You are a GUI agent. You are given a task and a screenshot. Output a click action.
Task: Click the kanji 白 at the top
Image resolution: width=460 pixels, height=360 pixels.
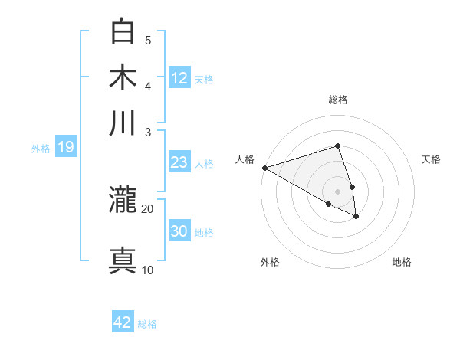pos(123,33)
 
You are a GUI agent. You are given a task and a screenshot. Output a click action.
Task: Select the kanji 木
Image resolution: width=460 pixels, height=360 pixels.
pos(123,78)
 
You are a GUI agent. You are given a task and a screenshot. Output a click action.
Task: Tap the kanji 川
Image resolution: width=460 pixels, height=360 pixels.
pos(123,123)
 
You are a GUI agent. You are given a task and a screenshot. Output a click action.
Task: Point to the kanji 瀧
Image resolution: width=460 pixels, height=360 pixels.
pos(123,201)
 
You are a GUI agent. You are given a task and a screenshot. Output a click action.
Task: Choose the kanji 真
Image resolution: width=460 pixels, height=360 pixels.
pos(123,259)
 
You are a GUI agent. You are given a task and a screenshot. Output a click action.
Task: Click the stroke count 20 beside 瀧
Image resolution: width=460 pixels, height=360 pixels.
pos(148,208)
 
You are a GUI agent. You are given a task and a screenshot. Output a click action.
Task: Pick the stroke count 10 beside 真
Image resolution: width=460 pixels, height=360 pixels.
pos(148,270)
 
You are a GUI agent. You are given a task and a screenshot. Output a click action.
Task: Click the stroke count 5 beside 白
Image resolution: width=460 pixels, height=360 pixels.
pos(148,40)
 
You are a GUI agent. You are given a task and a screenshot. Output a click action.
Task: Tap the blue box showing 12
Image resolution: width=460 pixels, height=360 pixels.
pos(179,77)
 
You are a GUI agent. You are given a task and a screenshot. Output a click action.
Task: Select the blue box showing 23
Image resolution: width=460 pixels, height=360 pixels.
pos(179,162)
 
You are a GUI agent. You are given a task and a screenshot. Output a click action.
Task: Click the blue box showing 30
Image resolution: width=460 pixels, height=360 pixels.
pos(179,231)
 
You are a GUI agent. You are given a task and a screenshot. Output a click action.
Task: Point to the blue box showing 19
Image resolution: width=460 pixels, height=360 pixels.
pos(65,148)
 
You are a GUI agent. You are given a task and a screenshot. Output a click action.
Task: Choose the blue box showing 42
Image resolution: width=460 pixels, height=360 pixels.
pos(123,322)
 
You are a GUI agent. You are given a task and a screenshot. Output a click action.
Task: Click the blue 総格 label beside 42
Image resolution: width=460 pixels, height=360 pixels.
pos(147,324)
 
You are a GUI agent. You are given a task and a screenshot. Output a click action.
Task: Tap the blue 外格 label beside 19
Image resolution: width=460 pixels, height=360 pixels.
pos(41,149)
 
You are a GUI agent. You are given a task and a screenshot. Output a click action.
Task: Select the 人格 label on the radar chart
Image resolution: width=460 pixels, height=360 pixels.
pos(245,159)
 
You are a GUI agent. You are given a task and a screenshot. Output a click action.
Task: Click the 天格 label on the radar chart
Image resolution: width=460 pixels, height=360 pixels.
pos(432,159)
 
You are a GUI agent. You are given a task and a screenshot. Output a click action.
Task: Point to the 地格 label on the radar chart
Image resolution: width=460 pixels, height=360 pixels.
pos(402,262)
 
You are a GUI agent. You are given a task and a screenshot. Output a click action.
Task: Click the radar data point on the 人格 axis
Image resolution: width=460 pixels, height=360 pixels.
pos(264,168)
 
